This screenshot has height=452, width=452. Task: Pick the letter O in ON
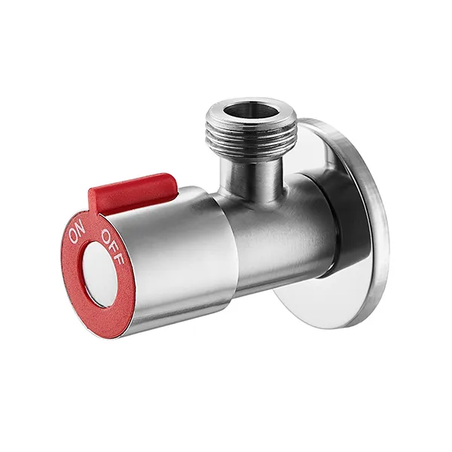(73, 235)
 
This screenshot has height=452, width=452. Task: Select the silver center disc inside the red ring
(100, 274)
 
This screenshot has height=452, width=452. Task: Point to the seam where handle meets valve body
(227, 241)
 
